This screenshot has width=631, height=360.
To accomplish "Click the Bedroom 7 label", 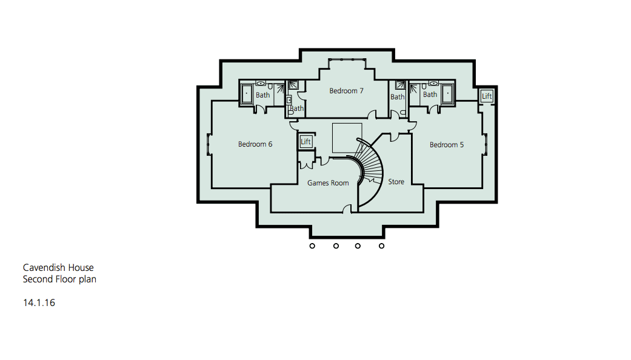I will point(346,91).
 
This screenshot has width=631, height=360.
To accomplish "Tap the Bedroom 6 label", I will point(255,144).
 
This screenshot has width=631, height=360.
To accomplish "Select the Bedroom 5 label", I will point(447,145).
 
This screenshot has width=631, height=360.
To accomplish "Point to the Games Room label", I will point(328,183).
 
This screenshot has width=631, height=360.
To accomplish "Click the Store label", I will point(396,181).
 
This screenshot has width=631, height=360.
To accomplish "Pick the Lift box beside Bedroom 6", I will point(305,142).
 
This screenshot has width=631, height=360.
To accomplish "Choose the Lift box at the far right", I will point(487,96).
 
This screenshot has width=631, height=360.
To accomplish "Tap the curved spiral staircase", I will point(369,170).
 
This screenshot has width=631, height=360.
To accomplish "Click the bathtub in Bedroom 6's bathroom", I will point(247,94).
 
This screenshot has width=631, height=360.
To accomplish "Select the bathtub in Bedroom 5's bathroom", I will point(447,93).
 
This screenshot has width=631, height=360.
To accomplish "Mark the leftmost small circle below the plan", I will point(312,246).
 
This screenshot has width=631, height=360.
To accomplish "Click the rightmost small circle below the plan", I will point(381,246).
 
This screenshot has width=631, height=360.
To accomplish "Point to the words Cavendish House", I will point(58,267).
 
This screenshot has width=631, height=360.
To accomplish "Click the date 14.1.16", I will point(39,302).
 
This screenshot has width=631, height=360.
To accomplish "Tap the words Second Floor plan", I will point(59,279).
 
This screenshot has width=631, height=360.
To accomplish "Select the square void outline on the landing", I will point(347,138).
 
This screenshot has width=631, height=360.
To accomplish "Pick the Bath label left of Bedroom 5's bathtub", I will point(430,94).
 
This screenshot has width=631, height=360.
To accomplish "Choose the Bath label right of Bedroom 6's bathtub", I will point(262,95).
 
